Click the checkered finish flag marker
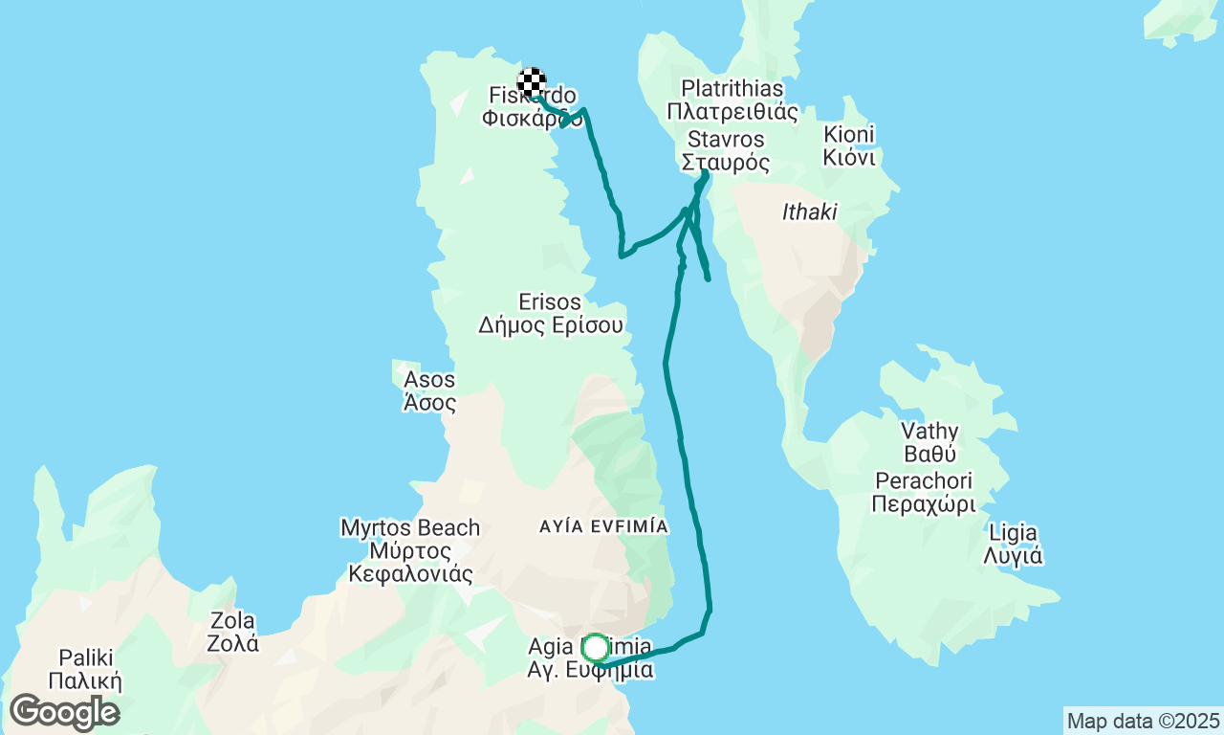(532, 82)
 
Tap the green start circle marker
(595, 649)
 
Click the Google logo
(63, 712)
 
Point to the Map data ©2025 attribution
(1143, 721)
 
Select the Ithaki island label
(809, 212)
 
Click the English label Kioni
(849, 134)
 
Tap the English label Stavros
(726, 140)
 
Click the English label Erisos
(551, 302)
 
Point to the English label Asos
(429, 380)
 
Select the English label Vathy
(929, 431)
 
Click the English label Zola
(232, 619)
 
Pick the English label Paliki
(86, 657)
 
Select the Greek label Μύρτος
(410, 551)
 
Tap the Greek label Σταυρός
(726, 163)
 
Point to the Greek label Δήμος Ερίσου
(551, 325)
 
